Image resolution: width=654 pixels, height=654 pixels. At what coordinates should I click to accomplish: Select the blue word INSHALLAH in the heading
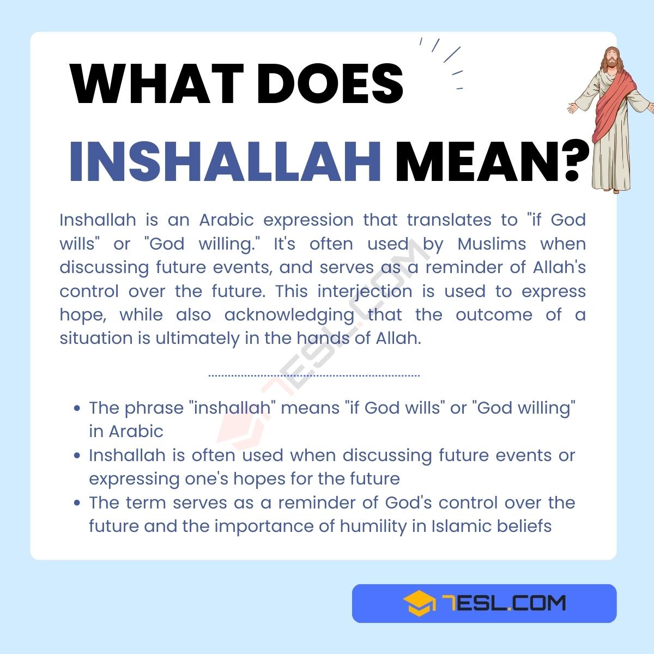[x=225, y=162]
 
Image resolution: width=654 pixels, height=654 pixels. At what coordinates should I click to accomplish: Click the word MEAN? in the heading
[x=492, y=162]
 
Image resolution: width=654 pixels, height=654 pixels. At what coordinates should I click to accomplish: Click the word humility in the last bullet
[x=372, y=526]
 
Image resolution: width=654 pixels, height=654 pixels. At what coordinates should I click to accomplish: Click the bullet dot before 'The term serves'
[x=77, y=503]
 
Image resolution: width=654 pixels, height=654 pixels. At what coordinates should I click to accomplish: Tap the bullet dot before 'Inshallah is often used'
[x=77, y=456]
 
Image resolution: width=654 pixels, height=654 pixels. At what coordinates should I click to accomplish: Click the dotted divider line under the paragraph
[x=314, y=376]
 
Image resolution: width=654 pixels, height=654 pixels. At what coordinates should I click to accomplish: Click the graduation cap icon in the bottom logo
[x=419, y=603]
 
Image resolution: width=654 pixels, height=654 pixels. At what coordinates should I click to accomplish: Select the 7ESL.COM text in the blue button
[x=504, y=603]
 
